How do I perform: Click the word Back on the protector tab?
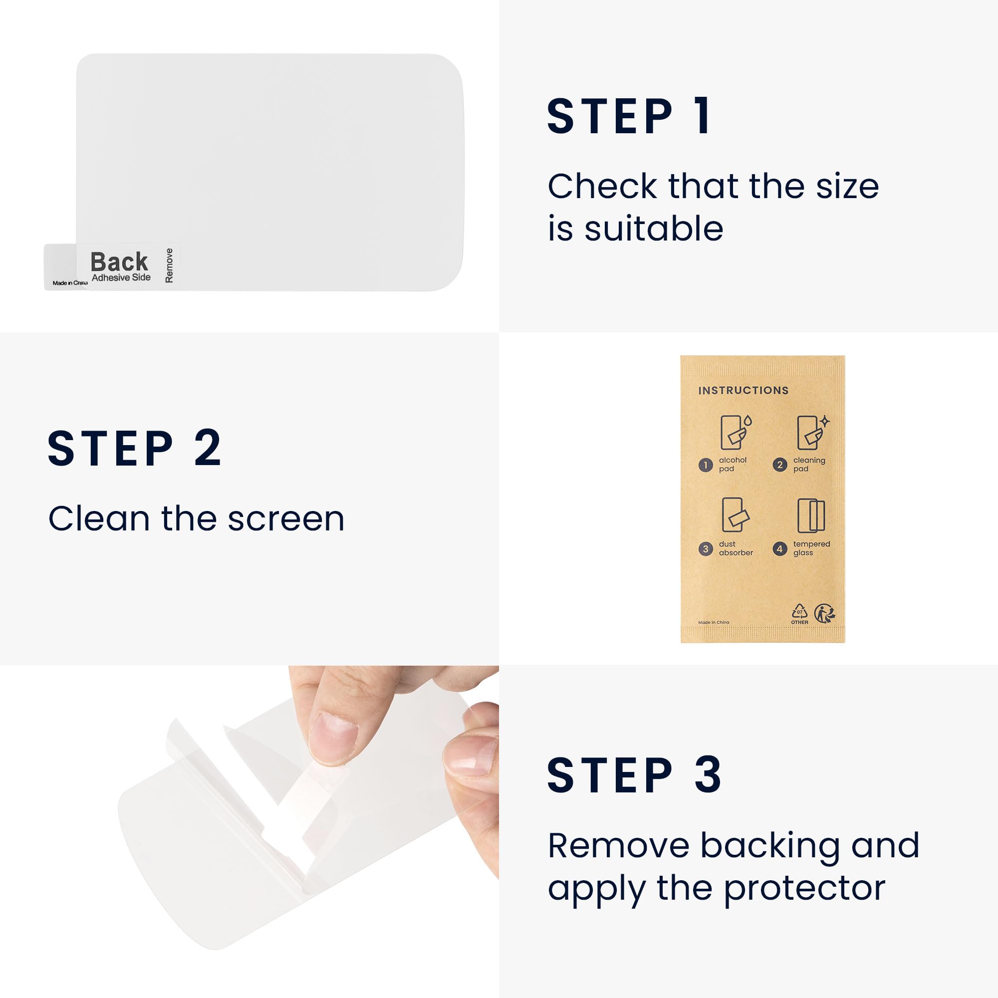(119, 261)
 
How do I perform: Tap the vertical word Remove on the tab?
(169, 265)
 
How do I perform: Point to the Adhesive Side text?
(121, 277)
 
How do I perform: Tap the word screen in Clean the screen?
(285, 518)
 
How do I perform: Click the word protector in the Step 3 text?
(804, 889)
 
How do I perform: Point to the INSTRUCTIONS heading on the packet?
(744, 391)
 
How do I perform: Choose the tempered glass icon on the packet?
(811, 515)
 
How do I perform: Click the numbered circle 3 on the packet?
(706, 548)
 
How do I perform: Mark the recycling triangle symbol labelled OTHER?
(799, 613)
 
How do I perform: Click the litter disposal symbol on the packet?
(824, 613)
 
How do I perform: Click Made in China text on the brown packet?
(714, 622)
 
